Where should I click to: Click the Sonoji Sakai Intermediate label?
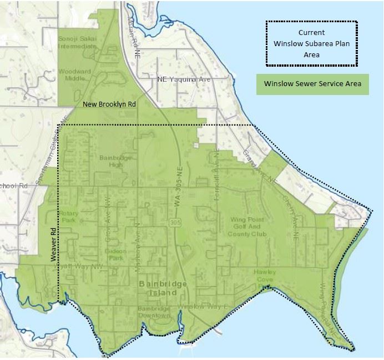[x=77, y=42]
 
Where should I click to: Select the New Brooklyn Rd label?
[x=109, y=104]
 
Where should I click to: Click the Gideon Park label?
[x=117, y=254]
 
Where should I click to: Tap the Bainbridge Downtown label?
[x=154, y=312]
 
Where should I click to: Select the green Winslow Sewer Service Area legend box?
[x=312, y=84]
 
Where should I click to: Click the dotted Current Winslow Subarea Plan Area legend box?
[x=311, y=44]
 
